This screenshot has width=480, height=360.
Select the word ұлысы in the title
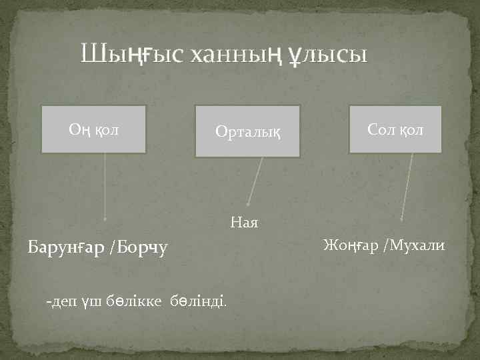(x=327, y=53)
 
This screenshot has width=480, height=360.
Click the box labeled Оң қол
(x=94, y=129)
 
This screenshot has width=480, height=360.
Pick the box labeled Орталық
(x=247, y=131)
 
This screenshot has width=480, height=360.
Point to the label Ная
(x=244, y=221)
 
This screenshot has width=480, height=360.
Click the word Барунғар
(x=66, y=249)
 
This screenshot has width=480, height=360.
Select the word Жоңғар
(x=349, y=247)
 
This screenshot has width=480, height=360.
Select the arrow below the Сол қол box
(x=407, y=187)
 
